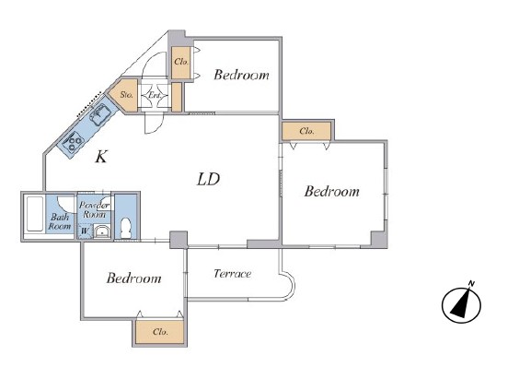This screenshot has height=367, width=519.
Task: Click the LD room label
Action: tap(208, 179)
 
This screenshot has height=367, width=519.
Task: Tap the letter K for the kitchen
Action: tap(101, 157)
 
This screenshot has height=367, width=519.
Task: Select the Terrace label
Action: tap(233, 274)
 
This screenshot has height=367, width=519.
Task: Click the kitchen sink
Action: tap(100, 113)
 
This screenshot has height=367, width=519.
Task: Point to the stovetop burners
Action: tap(74, 142)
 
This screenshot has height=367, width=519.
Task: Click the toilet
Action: tap(126, 228)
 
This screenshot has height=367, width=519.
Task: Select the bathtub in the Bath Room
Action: tap(35, 214)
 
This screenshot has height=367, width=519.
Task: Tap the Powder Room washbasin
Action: tap(102, 231)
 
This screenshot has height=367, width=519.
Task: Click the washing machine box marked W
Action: tap(85, 231)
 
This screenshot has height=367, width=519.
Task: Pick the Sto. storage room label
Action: tap(126, 95)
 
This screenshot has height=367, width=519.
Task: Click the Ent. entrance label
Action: tap(154, 95)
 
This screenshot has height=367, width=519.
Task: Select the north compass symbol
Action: tap(461, 304)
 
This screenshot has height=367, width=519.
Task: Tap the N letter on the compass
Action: tap(471, 284)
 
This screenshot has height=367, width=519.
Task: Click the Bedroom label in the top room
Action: tap(241, 75)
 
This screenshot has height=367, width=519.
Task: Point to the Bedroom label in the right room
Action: tap(331, 192)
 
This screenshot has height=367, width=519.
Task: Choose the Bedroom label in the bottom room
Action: tap(134, 278)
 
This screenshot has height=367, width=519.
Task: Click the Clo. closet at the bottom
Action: tap(159, 332)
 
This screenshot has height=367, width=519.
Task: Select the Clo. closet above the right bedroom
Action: tap(306, 131)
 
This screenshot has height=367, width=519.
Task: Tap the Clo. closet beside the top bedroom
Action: tap(181, 63)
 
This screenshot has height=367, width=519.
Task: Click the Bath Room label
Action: tap(60, 221)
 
